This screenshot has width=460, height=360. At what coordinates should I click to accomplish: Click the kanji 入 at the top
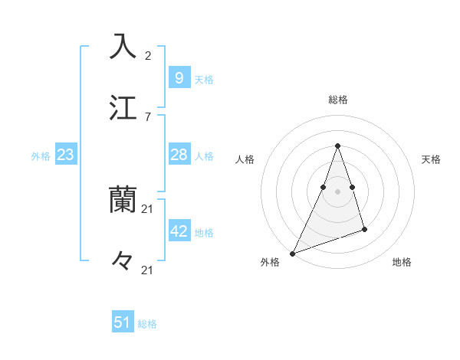click(123, 46)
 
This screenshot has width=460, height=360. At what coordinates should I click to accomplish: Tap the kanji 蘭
click(123, 200)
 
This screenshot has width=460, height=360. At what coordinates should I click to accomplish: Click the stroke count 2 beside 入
click(148, 55)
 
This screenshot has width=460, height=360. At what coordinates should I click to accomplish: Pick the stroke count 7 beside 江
click(148, 116)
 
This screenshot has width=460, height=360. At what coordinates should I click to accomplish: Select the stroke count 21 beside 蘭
click(149, 208)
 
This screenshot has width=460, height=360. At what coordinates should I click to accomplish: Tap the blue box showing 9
click(179, 78)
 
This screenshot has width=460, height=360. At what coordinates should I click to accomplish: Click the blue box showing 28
click(179, 155)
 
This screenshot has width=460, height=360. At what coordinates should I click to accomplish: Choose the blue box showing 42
click(179, 231)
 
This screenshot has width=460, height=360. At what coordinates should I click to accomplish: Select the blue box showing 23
click(65, 155)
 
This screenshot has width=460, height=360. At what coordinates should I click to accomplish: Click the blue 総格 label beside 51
click(147, 324)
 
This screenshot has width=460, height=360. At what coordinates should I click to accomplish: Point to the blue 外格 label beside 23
click(41, 156)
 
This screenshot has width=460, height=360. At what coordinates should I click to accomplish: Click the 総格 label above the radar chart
click(337, 100)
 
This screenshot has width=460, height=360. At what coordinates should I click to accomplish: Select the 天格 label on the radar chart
click(432, 159)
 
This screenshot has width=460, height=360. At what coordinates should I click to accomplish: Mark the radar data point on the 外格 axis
click(292, 254)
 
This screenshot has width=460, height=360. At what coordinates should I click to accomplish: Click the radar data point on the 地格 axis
click(364, 229)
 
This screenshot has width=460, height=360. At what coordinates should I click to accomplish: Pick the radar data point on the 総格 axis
click(337, 146)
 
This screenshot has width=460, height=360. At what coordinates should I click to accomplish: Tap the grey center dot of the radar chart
click(337, 191)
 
